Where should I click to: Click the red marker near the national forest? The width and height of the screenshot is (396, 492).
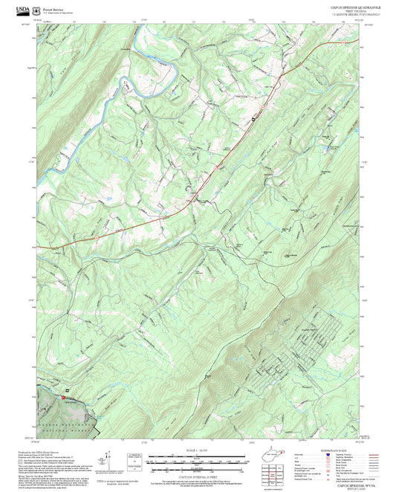coord(63,397)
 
